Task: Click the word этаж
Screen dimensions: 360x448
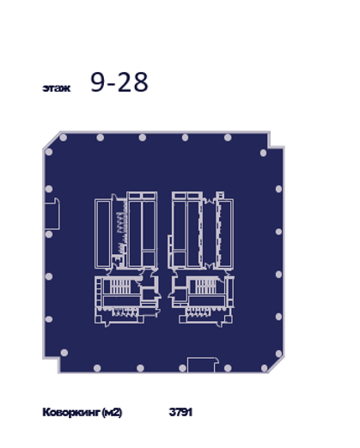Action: (x=57, y=88)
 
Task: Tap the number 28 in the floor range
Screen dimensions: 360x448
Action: (x=133, y=82)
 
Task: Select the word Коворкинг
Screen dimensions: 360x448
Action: (x=71, y=413)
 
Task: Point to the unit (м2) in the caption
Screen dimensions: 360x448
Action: (x=112, y=413)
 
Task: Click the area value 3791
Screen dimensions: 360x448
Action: (x=180, y=412)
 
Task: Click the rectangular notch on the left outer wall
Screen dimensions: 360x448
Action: (x=52, y=214)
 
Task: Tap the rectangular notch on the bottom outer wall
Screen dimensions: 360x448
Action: (x=203, y=365)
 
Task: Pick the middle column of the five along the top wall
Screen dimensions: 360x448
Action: (x=143, y=137)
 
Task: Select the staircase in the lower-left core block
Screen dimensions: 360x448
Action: (x=120, y=287)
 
